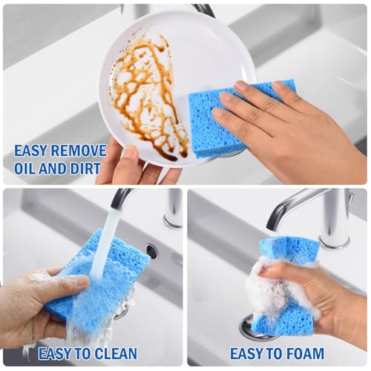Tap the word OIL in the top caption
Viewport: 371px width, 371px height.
pos(23,168)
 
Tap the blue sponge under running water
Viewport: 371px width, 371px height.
pos(99,282)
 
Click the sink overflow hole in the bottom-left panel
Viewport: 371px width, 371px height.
pos(151,251)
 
